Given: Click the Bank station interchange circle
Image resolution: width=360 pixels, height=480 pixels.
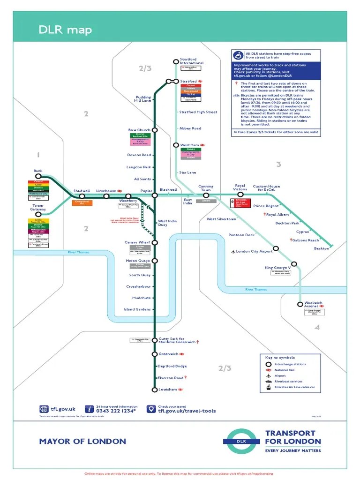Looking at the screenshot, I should point(38,176).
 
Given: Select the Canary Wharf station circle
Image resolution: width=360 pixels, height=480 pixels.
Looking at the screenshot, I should point(155,242).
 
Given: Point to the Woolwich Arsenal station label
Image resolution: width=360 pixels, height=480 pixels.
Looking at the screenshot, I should point(314,305).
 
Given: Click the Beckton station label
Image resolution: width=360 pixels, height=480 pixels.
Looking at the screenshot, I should point(322,248).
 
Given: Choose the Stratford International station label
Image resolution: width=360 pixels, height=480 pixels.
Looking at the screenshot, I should point(192,61).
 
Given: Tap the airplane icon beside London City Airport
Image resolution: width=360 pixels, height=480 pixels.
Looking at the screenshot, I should point(233,252).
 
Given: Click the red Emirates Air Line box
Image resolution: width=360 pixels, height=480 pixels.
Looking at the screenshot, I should point(240,203).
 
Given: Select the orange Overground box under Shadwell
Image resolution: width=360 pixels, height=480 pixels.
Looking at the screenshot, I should point(82,202).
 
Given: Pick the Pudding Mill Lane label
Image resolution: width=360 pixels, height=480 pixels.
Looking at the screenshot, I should point(143,99).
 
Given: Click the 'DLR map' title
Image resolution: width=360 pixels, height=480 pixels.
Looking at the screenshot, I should point(65,30).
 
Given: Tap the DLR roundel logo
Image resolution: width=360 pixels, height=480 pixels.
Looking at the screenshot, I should point(241,441).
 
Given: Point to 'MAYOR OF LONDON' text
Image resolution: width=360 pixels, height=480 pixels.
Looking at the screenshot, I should point(82,441).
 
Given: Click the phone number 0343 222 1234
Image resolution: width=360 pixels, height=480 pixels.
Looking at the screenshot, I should point(116,411).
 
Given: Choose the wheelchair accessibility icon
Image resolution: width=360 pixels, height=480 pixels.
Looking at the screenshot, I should point(236,55).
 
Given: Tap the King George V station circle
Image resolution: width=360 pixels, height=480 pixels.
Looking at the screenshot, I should point(294,264).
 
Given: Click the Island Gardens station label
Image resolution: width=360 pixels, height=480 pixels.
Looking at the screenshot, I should point(137,309).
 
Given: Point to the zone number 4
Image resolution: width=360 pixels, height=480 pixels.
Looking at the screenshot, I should point(317,327).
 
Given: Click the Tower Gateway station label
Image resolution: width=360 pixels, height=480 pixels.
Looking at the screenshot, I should point(38,207).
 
